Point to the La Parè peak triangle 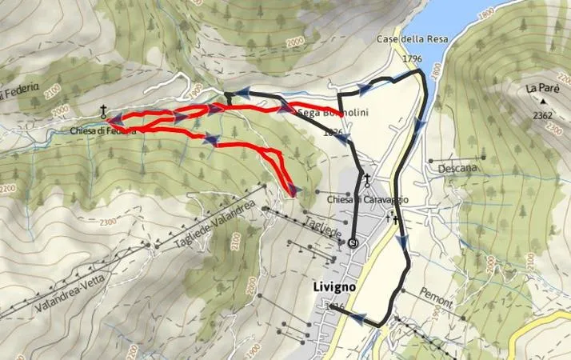coord(543,102)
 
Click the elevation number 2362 coord(543,116)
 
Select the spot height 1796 coord(412,59)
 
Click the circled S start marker coord(353,242)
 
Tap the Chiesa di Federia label coord(100,131)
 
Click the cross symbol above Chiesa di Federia coord(103,111)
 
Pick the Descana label coord(457,169)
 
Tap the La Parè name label coord(541,88)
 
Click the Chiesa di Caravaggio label coord(369,198)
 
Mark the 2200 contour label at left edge coord(8,189)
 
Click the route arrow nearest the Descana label coord(420,124)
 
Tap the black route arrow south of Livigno coord(357,318)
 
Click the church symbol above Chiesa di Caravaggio coord(367,181)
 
